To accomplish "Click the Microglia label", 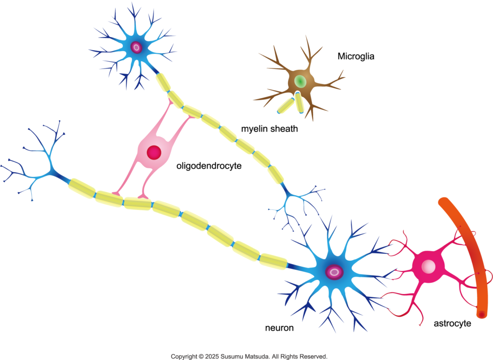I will click(x=356, y=56).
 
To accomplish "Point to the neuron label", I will click(x=279, y=328).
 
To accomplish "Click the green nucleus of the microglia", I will click(x=300, y=80).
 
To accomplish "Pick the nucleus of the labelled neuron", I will click(x=334, y=272).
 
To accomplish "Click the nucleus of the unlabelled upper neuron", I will click(x=137, y=47).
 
